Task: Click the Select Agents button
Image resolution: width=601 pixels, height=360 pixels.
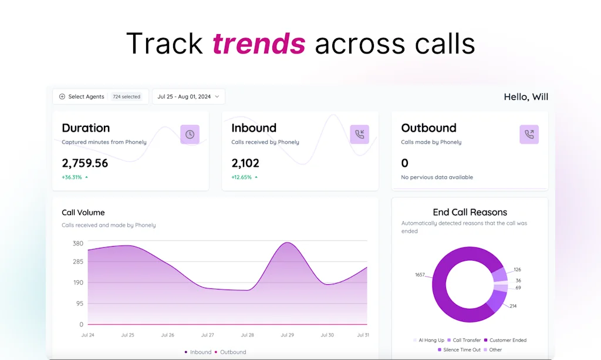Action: pos(82,97)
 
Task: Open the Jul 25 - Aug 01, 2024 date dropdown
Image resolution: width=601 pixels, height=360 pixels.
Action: pos(188,97)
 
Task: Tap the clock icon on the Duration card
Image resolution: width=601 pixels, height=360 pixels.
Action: pos(190,134)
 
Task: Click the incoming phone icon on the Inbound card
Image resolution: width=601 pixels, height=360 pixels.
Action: pos(359,134)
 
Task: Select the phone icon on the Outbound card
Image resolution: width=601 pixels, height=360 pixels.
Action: pos(529,134)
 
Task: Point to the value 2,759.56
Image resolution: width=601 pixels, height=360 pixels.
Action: pos(85,163)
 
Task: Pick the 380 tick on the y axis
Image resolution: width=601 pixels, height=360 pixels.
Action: pos(78,243)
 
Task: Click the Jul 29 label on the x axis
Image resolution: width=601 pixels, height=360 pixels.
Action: pos(288,335)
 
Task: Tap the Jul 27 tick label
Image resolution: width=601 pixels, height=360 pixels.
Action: pos(208,335)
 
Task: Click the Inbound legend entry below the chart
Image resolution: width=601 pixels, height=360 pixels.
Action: pos(198,352)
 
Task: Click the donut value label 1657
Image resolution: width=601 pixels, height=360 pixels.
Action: pos(420,274)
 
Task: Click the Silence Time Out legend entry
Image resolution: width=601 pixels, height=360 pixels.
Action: pos(460,350)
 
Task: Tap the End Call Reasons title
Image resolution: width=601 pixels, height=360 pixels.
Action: pos(470,212)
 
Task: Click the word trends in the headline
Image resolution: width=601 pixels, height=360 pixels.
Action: pos(259,43)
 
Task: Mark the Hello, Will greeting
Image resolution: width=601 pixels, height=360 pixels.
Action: pos(526,97)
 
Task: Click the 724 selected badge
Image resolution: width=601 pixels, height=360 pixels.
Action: pos(127,97)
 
